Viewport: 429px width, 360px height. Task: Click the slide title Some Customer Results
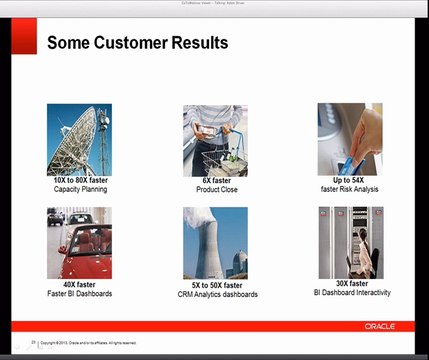click(x=137, y=43)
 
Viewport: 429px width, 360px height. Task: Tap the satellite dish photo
click(x=79, y=139)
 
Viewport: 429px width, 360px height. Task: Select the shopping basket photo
click(x=214, y=139)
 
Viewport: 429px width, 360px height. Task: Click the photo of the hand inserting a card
click(x=349, y=139)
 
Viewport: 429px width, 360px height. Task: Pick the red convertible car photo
click(x=79, y=243)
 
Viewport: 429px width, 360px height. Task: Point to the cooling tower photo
click(x=214, y=243)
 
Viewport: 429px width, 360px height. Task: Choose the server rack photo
click(x=349, y=243)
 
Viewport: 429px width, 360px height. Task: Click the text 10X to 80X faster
click(x=80, y=180)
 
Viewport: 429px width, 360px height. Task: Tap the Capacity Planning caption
click(x=80, y=189)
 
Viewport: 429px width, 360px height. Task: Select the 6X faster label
click(x=214, y=180)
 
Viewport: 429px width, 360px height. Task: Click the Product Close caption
click(x=214, y=189)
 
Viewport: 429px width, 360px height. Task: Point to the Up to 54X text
click(x=350, y=180)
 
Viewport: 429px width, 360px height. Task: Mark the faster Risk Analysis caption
click(x=350, y=189)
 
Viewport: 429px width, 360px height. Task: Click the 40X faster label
click(x=80, y=284)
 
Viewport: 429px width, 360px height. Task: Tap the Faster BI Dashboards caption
click(x=80, y=293)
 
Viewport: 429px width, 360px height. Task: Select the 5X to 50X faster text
click(x=214, y=285)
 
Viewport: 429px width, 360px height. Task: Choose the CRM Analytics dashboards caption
click(x=214, y=294)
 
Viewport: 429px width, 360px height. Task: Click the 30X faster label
click(x=349, y=284)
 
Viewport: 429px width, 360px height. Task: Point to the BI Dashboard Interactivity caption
click(x=349, y=293)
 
